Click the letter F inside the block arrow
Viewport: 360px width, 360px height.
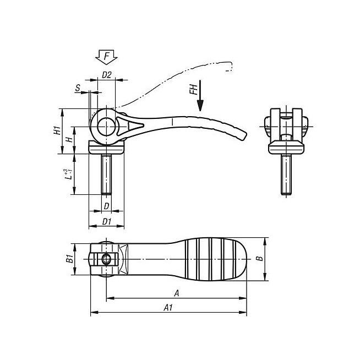tap(107, 56)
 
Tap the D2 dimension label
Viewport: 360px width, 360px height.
tap(107, 75)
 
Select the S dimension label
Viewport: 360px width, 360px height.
tap(78, 88)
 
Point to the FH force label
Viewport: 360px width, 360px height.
tap(194, 89)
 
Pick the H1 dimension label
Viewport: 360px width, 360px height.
tap(57, 130)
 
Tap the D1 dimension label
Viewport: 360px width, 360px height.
tap(107, 221)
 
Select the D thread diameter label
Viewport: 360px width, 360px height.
tap(107, 206)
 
